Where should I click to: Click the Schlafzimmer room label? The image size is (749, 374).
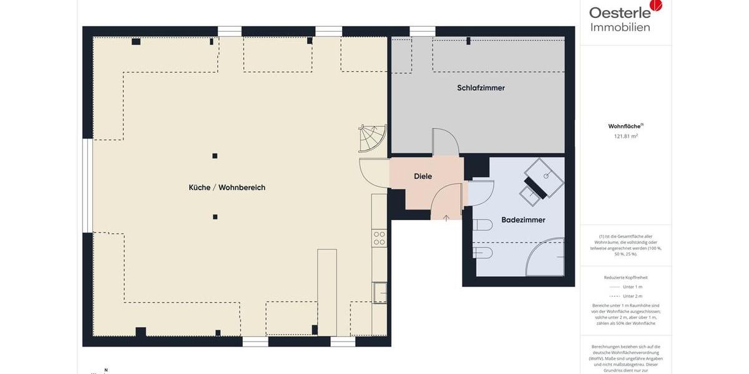481,88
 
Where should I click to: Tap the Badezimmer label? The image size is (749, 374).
523,220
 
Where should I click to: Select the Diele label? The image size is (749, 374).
423,176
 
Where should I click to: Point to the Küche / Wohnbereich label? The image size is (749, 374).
227,188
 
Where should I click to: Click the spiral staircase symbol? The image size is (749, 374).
373,138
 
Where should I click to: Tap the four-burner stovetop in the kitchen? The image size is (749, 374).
379,237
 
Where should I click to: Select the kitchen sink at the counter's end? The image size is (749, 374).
379,292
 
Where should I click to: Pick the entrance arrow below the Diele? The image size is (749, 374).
446,218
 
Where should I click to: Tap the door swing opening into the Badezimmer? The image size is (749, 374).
480,191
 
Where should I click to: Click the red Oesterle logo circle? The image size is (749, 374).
655,5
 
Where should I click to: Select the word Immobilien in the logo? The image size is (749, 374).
620,27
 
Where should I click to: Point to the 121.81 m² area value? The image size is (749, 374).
625,135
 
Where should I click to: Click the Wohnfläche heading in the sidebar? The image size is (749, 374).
624,126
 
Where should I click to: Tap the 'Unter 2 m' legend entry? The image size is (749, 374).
632,296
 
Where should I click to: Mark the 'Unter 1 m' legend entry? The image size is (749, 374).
632,287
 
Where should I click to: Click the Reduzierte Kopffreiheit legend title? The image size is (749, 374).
625,277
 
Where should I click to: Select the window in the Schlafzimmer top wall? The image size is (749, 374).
422,31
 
